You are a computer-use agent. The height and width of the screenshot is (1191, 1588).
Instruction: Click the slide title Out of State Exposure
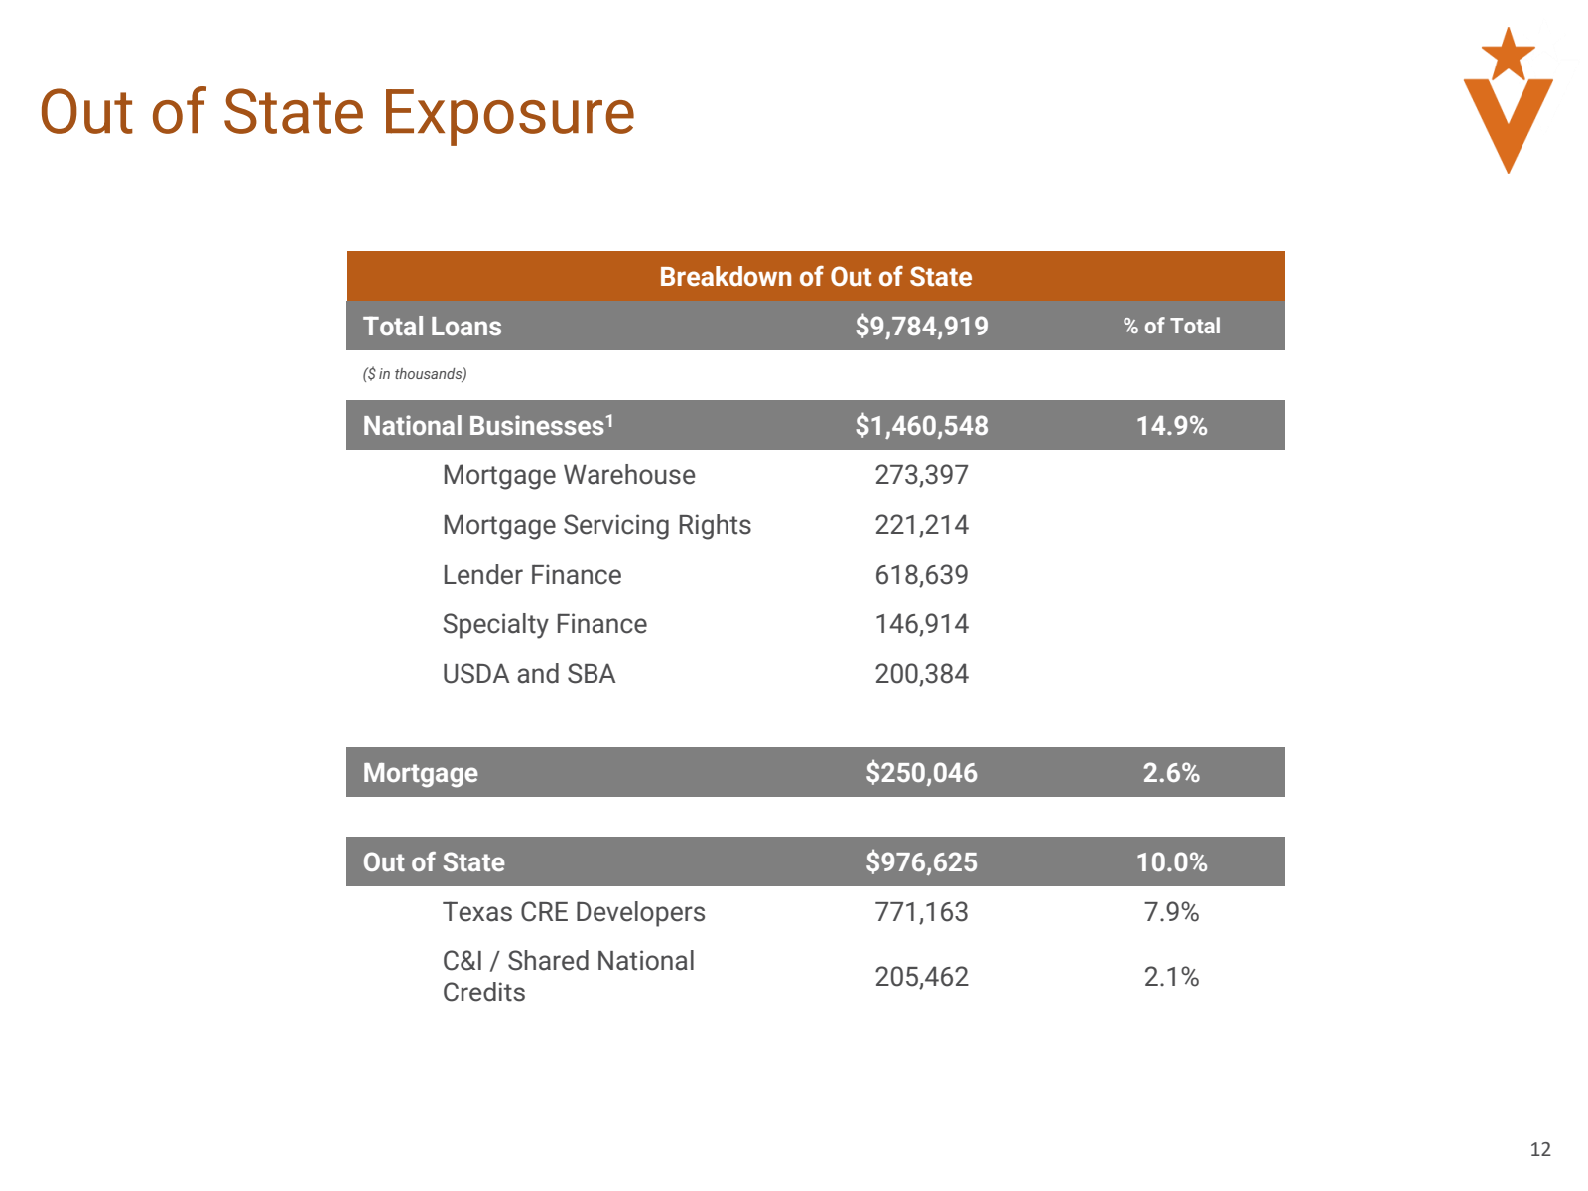point(336,113)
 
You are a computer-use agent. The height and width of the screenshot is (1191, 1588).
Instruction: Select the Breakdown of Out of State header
point(815,276)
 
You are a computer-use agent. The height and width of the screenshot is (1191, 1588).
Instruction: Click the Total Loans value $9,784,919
point(920,327)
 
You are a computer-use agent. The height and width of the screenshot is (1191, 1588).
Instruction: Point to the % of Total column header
point(1170,327)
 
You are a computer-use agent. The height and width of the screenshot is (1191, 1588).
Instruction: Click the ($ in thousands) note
point(415,374)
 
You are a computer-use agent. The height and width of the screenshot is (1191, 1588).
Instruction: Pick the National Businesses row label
point(488,425)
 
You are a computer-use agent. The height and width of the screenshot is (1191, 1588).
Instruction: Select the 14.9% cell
point(1170,425)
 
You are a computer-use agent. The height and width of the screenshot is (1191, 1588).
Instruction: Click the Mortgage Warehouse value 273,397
point(920,475)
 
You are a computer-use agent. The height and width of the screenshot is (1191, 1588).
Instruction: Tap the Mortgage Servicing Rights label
point(596,526)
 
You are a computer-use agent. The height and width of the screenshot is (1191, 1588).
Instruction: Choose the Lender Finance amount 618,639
point(920,575)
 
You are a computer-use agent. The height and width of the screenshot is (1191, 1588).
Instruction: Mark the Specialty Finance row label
point(544,625)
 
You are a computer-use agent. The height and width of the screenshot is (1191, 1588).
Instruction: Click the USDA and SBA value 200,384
point(920,673)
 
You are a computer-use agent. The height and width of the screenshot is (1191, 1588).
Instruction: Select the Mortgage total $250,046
point(920,772)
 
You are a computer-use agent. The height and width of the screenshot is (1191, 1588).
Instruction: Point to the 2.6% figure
point(1170,772)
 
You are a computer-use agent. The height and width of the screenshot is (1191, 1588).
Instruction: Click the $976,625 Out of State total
point(920,861)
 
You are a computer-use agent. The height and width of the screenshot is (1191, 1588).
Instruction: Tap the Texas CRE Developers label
point(573,912)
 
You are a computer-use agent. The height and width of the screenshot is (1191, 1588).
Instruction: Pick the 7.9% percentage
point(1170,912)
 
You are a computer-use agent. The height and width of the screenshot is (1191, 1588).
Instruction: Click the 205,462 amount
point(920,977)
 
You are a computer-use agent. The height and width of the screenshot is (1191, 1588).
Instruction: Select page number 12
point(1539,1149)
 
